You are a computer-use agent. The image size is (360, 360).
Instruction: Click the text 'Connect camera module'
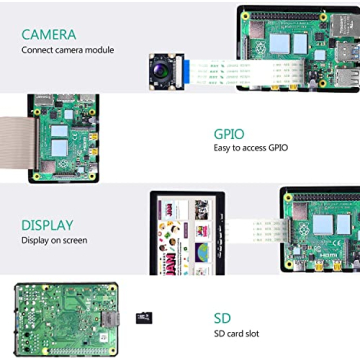pyautogui.click(x=67, y=50)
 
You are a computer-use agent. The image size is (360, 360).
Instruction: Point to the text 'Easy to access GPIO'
pyautogui.click(x=250, y=148)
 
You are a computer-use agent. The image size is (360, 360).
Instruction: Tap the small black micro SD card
pyautogui.click(x=142, y=318)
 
